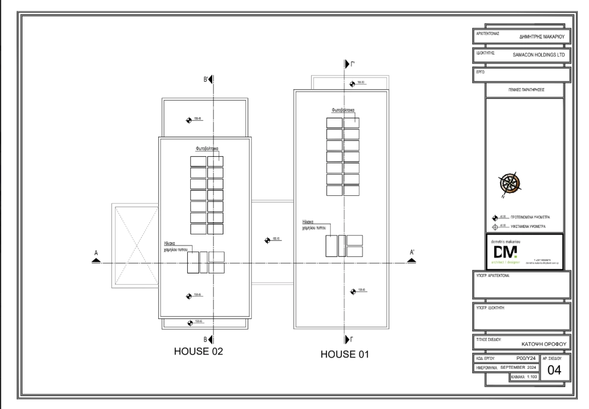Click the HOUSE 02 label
tap(198, 351)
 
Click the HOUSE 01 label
tap(345, 355)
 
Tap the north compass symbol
tap(509, 183)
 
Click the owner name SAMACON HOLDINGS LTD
tap(539, 54)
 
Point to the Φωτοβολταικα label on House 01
tap(343, 110)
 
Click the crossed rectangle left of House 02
tap(135, 246)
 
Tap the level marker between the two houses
tap(268, 240)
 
